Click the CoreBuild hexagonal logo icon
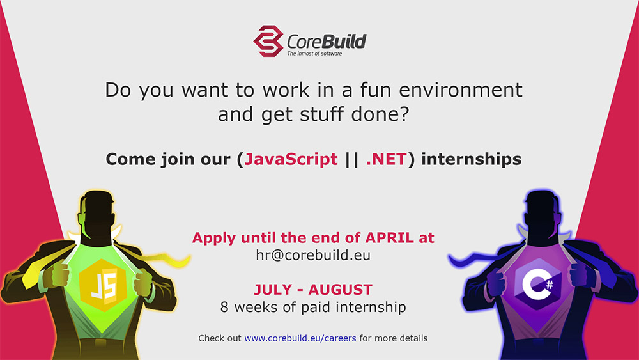click(x=268, y=41)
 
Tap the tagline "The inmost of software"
click(x=314, y=54)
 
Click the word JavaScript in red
click(x=291, y=159)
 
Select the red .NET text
click(x=386, y=159)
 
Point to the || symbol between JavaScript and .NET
click(x=351, y=159)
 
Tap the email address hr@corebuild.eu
click(x=313, y=255)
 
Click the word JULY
click(x=273, y=290)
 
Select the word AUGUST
click(x=341, y=290)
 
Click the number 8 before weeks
click(x=224, y=307)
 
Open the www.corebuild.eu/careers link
click(x=300, y=338)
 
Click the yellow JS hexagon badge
click(x=103, y=285)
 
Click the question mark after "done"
click(x=404, y=114)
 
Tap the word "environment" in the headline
click(x=461, y=90)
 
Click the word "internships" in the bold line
click(x=471, y=159)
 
